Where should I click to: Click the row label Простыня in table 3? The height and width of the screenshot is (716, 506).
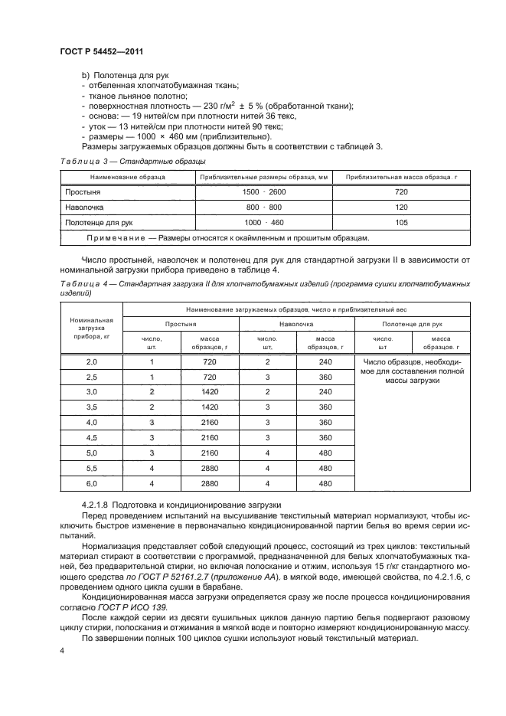coord(84,192)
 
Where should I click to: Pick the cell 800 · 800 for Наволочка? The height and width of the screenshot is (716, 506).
coord(264,207)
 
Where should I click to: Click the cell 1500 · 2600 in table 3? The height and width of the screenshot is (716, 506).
coord(264,192)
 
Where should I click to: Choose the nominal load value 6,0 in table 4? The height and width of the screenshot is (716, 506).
coord(91,484)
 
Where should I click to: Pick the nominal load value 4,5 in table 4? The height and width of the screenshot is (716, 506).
coord(91,438)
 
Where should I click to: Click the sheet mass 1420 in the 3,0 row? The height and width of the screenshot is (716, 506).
coord(211,391)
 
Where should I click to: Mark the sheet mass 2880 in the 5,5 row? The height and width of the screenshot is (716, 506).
coord(211,469)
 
